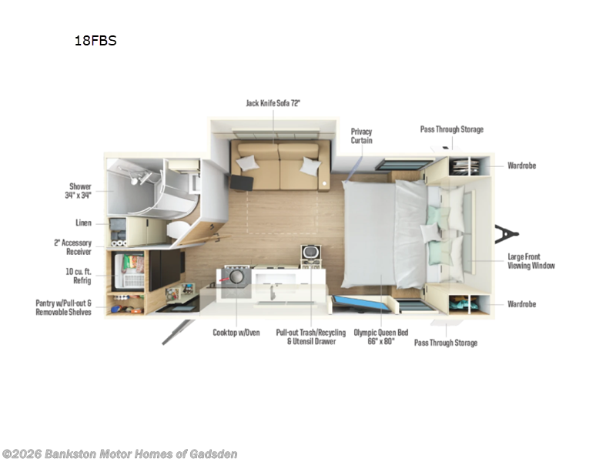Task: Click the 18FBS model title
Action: [95, 41]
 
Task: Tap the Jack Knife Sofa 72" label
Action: [273, 103]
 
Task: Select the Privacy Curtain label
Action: [361, 136]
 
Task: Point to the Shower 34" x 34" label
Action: [79, 190]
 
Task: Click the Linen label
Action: [83, 223]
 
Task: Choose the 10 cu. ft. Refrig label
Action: [79, 276]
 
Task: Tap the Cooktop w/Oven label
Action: [236, 333]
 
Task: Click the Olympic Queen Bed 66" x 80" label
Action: [381, 336]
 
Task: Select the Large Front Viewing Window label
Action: [531, 261]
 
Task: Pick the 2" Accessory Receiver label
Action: [72, 247]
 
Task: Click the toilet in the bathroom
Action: [178, 229]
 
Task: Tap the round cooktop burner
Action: [236, 276]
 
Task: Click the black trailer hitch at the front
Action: [507, 234]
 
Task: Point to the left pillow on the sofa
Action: [247, 162]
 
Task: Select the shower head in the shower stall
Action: [136, 180]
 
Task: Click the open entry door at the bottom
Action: [178, 333]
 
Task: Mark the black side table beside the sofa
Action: [242, 182]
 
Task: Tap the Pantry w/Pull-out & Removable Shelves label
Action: [64, 307]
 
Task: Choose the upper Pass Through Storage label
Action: [452, 129]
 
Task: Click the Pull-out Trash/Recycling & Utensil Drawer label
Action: [311, 336]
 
